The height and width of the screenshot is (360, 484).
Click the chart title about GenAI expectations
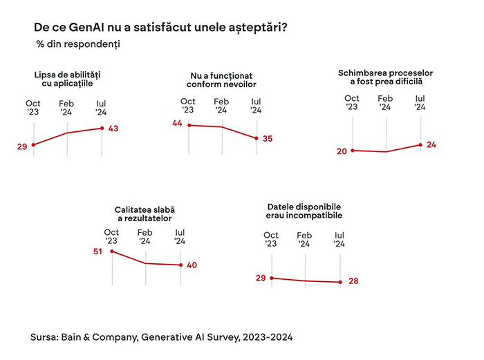click(x=161, y=27)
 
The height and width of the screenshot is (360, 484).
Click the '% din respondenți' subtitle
click(x=78, y=44)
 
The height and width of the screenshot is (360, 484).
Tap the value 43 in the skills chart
click(x=114, y=129)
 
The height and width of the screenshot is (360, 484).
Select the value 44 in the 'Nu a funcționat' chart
click(x=177, y=123)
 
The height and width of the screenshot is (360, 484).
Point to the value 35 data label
click(x=268, y=139)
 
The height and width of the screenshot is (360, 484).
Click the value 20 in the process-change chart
click(x=342, y=151)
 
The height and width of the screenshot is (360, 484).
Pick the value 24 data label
click(x=432, y=144)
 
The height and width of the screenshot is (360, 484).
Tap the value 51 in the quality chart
click(x=97, y=252)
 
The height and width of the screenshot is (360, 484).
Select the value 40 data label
click(x=192, y=265)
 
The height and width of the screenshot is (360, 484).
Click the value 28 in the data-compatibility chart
click(x=353, y=281)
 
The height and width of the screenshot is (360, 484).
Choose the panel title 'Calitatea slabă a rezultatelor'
click(x=145, y=214)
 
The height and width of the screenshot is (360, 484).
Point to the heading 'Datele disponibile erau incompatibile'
click(x=304, y=211)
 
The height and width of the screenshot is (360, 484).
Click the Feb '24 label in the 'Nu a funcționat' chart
click(x=221, y=106)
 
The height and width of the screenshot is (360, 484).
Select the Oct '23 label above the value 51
click(x=111, y=236)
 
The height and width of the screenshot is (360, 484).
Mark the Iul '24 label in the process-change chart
click(x=420, y=103)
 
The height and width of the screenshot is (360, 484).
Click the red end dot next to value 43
click(x=102, y=128)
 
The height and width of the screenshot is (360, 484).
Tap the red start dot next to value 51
click(x=111, y=252)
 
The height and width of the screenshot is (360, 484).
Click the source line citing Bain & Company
click(x=161, y=338)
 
